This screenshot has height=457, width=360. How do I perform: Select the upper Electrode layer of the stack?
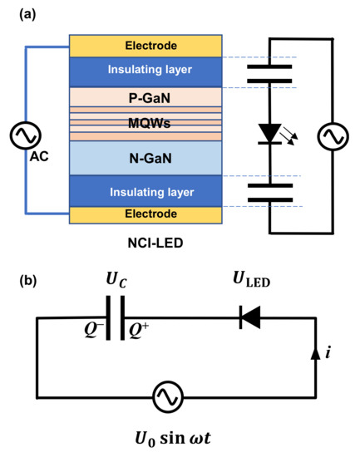pos(145,46)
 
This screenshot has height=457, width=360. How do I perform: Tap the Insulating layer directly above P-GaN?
pos(145,70)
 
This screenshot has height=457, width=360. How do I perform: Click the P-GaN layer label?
pos(145,97)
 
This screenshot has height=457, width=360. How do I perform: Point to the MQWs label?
pos(145,123)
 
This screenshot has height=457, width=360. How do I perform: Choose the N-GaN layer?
pos(145,156)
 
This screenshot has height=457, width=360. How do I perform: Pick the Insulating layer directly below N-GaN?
pos(145,191)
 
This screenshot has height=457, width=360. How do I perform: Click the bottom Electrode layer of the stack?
pos(145,214)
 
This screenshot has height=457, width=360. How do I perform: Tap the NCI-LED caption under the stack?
pos(145,245)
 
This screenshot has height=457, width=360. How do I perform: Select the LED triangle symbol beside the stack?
pos(270,133)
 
